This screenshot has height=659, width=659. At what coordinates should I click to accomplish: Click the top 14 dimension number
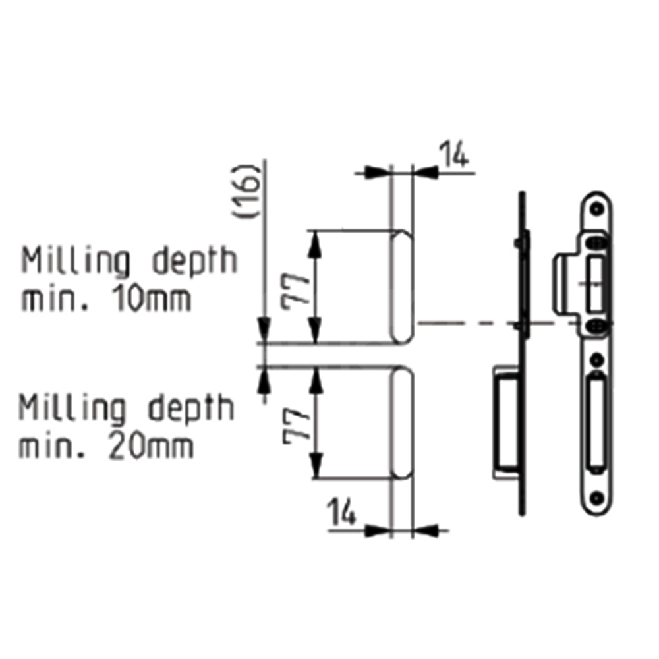click(x=453, y=155)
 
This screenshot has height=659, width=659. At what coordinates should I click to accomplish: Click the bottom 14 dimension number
click(x=341, y=511)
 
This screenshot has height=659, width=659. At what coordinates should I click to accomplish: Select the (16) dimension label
click(x=245, y=191)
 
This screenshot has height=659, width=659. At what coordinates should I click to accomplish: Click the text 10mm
click(x=150, y=299)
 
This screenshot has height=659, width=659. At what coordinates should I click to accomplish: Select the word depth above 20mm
click(x=191, y=409)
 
